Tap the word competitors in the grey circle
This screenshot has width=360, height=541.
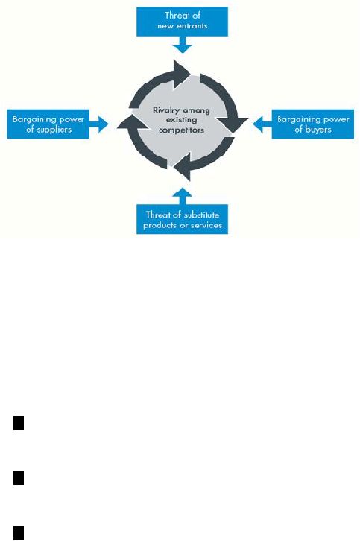(181, 130)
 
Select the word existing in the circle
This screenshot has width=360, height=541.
(182, 120)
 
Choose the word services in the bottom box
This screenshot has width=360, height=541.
(208, 225)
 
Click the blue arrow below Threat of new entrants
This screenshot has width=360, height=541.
(183, 44)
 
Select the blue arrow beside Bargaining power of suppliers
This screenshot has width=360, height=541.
(98, 124)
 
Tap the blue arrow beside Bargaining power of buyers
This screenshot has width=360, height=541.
(262, 124)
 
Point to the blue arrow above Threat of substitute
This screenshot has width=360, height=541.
(183, 197)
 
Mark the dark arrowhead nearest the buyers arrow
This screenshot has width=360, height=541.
(233, 124)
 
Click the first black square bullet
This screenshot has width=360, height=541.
(19, 423)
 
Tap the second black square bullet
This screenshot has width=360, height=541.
(19, 478)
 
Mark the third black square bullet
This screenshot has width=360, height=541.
(19, 533)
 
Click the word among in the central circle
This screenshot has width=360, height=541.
(196, 111)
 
